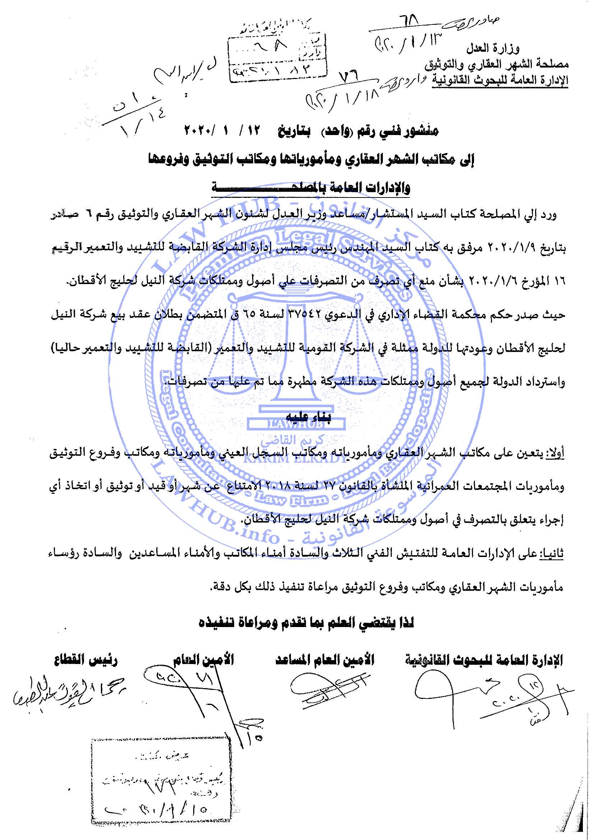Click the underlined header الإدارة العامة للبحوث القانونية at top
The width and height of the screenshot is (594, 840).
(500, 80)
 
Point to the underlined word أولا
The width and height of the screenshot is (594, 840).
(556, 454)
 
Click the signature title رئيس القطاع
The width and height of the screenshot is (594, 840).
(86, 661)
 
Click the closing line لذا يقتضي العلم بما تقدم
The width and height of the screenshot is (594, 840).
(306, 623)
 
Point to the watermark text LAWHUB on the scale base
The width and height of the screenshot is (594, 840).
(296, 425)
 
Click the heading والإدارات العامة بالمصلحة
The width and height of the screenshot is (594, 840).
(311, 188)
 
